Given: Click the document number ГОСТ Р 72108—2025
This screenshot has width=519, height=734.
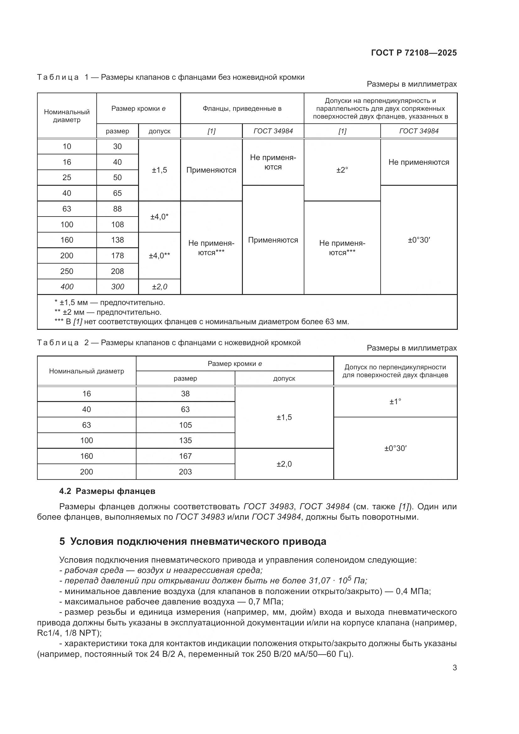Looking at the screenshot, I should click(414, 53).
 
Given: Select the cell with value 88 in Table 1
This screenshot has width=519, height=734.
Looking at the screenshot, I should click(117, 209).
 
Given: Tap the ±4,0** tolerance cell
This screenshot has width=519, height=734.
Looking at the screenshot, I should click(159, 255).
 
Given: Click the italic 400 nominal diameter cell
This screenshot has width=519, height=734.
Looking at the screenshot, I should click(67, 287).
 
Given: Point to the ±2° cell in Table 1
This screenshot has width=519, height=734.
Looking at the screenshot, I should click(342, 170).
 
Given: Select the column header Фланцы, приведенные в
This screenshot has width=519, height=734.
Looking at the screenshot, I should click(242, 109).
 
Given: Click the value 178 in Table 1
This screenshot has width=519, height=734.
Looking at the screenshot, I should click(117, 255).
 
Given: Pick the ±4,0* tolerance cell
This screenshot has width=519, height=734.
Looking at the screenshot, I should click(159, 217).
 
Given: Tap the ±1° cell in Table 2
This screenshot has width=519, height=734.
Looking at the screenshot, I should click(395, 402).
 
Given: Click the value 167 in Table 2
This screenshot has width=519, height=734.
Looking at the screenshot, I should click(185, 456).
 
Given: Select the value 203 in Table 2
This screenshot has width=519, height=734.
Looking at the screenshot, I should click(185, 472).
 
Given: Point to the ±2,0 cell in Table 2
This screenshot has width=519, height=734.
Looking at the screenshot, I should click(284, 464).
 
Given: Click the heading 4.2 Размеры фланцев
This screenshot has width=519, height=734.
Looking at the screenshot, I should click(107, 491).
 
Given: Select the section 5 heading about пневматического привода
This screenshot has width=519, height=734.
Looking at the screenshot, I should click(193, 542).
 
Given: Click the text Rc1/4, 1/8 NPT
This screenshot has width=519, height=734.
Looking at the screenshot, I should click(68, 633).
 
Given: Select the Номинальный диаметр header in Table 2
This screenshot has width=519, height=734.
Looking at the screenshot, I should click(86, 371).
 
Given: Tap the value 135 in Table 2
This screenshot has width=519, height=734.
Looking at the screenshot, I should click(185, 441).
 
